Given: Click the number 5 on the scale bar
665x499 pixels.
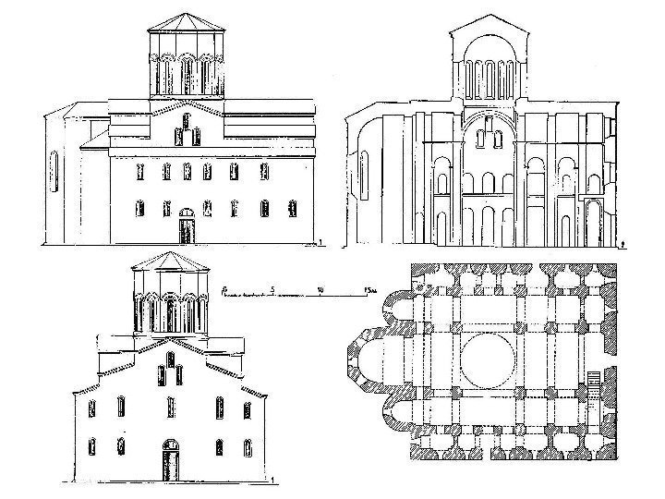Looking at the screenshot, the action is pyautogui.click(x=272, y=289).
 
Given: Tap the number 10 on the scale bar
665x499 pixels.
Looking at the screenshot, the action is pyautogui.click(x=319, y=289).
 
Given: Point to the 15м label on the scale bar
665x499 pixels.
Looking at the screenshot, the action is pyautogui.click(x=369, y=289).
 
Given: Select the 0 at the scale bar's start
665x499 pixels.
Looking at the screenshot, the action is pyautogui.click(x=225, y=289).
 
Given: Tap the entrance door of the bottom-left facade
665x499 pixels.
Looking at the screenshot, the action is pyautogui.click(x=170, y=460).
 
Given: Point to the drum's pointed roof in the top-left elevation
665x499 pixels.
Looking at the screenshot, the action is pyautogui.click(x=185, y=20).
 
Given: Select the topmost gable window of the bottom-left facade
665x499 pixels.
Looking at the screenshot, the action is pyautogui.click(x=170, y=356).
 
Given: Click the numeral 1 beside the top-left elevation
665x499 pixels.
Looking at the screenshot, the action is pyautogui.click(x=320, y=242).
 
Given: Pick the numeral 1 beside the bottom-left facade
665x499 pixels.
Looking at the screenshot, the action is pyautogui.click(x=273, y=478).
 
